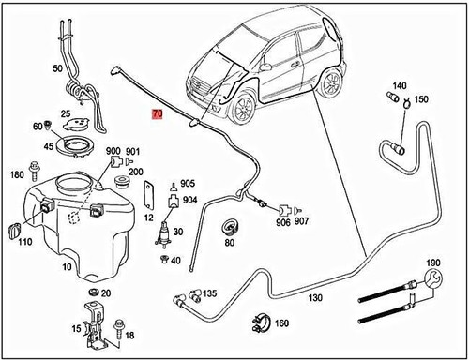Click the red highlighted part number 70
158,113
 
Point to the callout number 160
280,324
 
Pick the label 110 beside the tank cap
23,241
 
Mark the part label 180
16,175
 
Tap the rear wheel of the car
330,84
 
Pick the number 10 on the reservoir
65,266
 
